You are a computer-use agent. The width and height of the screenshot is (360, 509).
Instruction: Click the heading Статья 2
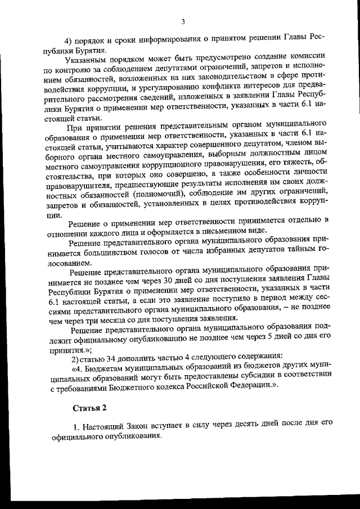(x=89, y=407)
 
